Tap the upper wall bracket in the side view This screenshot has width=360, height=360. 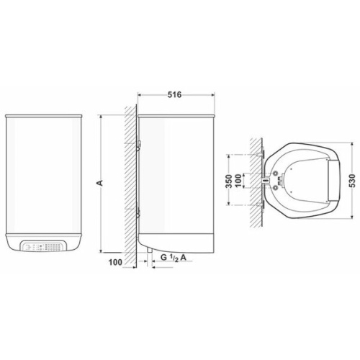(x=138, y=148)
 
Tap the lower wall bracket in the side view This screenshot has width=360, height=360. (x=138, y=211)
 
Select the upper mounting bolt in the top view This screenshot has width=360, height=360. (x=258, y=153)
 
